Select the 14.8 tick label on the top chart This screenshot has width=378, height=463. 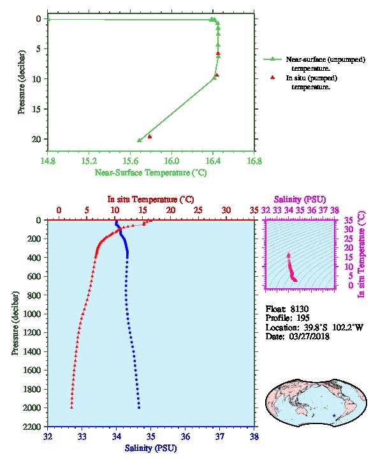[x=48, y=161]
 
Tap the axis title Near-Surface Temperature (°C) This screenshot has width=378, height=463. [x=151, y=173]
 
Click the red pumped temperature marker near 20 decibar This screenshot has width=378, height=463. [x=150, y=136]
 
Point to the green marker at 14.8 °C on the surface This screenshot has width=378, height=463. [x=49, y=19]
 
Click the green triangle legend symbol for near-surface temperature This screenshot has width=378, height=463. [x=272, y=59]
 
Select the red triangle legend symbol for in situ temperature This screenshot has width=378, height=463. [x=272, y=78]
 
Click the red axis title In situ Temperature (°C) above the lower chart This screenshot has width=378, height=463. [x=150, y=200]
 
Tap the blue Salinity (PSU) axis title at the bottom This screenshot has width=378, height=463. [x=151, y=448]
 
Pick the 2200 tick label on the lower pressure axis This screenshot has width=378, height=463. [x=32, y=427]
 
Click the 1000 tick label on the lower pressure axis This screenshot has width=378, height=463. [x=32, y=314]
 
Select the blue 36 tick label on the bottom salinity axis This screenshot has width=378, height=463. [x=185, y=436]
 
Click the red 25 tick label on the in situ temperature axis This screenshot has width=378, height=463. [x=198, y=210]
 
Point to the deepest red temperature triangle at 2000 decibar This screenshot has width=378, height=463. [x=71, y=408]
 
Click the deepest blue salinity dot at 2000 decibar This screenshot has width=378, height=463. [x=139, y=408]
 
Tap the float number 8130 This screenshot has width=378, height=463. [x=300, y=309]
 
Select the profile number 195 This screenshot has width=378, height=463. [x=303, y=318]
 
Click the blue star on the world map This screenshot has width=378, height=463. [x=334, y=415]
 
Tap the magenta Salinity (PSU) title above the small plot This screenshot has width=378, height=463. [x=300, y=200]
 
